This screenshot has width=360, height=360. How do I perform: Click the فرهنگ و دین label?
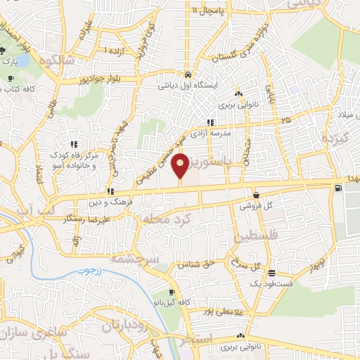pyautogui.click(x=110, y=202)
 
